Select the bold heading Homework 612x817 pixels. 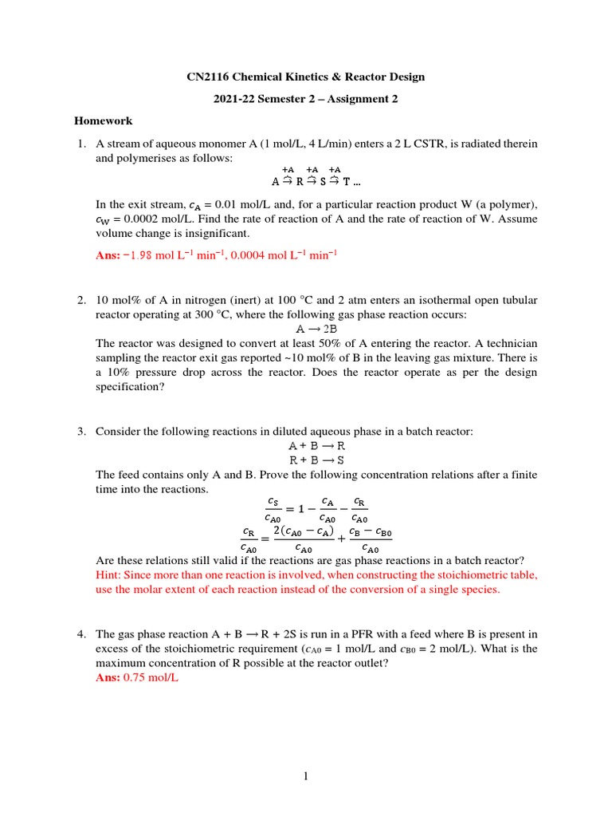click(103, 121)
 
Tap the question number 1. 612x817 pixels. click(81, 144)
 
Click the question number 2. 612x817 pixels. click(81, 300)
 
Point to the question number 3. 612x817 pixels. click(81, 432)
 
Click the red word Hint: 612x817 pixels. click(111, 574)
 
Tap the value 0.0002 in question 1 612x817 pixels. click(139, 219)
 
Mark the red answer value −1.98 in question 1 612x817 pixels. click(138, 255)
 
